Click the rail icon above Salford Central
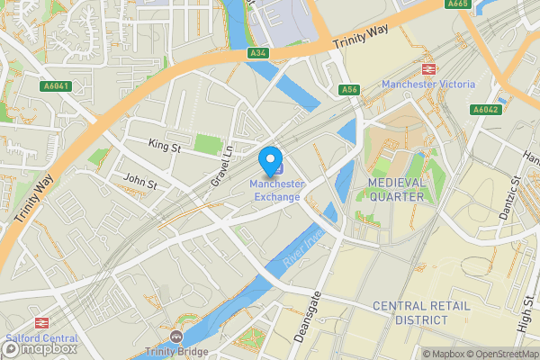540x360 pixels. point(40,322)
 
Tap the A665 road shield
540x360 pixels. point(458,4)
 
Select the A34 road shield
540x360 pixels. point(257,53)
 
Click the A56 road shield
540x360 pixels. point(349,89)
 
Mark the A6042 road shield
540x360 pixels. point(485,109)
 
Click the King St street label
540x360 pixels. point(165,143)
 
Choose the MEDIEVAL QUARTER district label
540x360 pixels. point(409,190)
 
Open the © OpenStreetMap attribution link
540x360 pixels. point(502,354)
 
